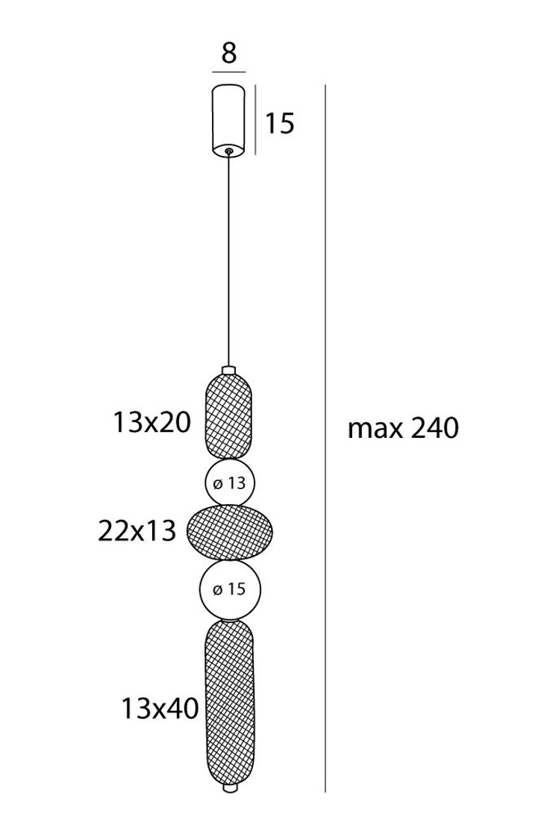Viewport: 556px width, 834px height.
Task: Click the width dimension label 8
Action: click(229, 53)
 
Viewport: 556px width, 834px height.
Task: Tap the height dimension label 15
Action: click(279, 123)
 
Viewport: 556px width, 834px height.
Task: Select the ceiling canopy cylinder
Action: click(229, 119)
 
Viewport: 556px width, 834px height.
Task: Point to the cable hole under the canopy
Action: click(229, 151)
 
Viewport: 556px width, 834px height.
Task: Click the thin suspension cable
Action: click(229, 260)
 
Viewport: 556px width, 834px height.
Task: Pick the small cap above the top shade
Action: click(229, 370)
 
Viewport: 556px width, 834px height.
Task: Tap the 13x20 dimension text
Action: click(152, 424)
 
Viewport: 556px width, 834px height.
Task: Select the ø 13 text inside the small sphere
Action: click(229, 483)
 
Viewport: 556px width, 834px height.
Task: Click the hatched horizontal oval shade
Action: click(231, 533)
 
